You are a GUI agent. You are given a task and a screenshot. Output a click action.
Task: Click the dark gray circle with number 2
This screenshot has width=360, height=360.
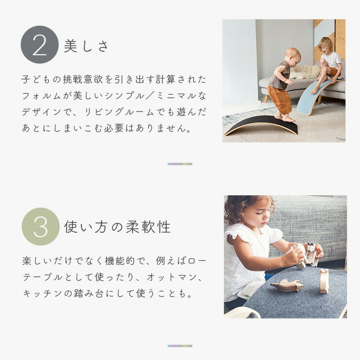point(39,45)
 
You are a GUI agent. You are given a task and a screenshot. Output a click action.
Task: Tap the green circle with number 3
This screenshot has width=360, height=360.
point(40,226)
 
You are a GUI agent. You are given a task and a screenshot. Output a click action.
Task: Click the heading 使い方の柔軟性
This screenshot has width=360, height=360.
point(117,227)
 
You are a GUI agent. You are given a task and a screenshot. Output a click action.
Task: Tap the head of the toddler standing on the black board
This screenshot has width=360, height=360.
point(292,56)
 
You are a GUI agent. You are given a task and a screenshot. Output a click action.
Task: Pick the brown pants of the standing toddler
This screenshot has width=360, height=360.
point(280,99)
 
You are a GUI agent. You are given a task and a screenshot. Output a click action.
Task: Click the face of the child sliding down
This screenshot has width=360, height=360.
point(326,46)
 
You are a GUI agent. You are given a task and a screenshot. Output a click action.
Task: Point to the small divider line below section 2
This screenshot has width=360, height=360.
point(180,164)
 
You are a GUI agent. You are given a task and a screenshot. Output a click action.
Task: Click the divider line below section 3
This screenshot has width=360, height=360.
point(180,346)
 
